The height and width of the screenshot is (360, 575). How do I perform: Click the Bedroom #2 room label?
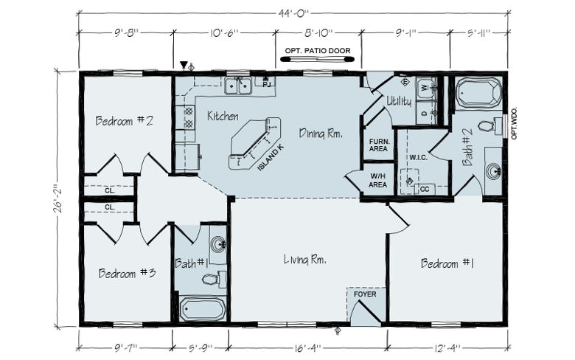pos(124,120)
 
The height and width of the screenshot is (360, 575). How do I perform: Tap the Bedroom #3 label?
pos(127,273)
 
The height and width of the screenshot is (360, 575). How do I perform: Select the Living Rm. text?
pos(305,260)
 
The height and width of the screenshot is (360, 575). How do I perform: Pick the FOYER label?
pos(365,294)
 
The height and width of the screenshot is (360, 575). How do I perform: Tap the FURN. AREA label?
pos(378,145)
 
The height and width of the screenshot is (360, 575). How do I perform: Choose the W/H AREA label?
pos(377,181)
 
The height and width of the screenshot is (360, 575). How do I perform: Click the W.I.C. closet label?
pos(419,157)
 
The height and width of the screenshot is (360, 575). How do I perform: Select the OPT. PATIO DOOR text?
pos(318,51)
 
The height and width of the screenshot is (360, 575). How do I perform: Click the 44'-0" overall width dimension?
pos(293,13)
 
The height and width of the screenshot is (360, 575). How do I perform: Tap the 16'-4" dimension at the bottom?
pos(307,348)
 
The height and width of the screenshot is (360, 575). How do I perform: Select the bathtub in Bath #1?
pos(203,309)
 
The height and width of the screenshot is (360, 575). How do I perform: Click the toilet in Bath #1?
pos(214,280)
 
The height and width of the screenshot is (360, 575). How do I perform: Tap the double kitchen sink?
pos(238,86)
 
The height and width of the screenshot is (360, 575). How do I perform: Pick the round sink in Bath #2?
pos(494,171)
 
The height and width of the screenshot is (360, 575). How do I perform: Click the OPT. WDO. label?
pos(514,123)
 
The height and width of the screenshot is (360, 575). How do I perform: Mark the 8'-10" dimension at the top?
pos(318,33)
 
